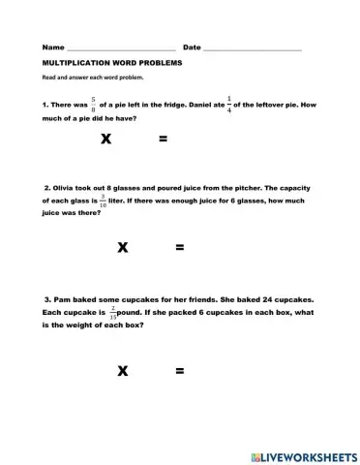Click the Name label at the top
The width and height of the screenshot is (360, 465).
pyautogui.click(x=52, y=46)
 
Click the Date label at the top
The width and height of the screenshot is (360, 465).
pyautogui.click(x=192, y=46)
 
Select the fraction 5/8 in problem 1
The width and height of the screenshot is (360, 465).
pyautogui.click(x=93, y=103)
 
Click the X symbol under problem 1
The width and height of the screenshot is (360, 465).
pyautogui.click(x=105, y=139)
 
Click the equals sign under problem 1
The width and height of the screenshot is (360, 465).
pyautogui.click(x=163, y=139)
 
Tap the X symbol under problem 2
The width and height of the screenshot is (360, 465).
pyautogui.click(x=123, y=248)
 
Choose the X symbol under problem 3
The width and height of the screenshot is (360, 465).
pyautogui.click(x=123, y=370)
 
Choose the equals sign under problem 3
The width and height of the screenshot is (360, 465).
pyautogui.click(x=179, y=370)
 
